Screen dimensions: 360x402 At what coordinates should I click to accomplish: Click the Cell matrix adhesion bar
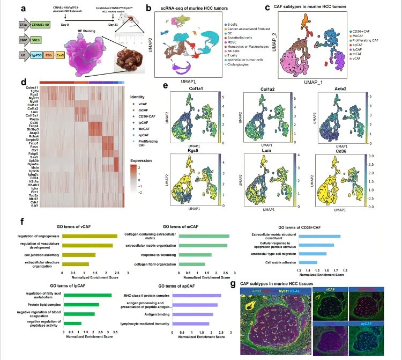[308, 262]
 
